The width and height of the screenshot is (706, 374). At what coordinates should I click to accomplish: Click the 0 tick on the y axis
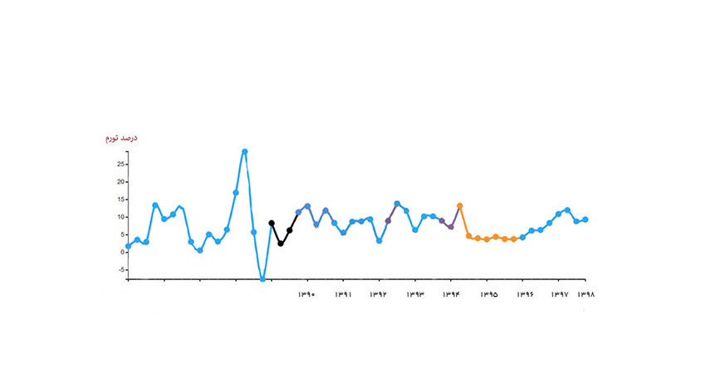pyautogui.click(x=121, y=252)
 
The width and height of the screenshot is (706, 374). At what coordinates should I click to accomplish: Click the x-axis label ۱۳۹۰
pyautogui.click(x=306, y=294)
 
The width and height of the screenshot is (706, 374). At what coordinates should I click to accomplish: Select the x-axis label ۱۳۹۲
pyautogui.click(x=378, y=294)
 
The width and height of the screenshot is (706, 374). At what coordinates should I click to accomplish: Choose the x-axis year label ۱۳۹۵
pyautogui.click(x=488, y=294)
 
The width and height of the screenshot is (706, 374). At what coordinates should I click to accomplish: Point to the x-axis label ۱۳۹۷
pyautogui.click(x=560, y=294)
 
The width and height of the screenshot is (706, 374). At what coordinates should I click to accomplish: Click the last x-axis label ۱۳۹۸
pyautogui.click(x=588, y=294)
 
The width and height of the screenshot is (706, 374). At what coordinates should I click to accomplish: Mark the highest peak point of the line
pyautogui.click(x=244, y=151)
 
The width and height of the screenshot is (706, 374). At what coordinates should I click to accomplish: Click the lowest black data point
pyautogui.click(x=281, y=244)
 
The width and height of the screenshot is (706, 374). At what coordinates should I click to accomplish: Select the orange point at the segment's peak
pyautogui.click(x=459, y=205)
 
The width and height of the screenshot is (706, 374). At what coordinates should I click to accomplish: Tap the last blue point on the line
pyautogui.click(x=586, y=219)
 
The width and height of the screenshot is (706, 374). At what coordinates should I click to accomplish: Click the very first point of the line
pyautogui.click(x=128, y=246)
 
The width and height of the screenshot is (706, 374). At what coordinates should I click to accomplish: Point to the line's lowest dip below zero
pyautogui.click(x=262, y=279)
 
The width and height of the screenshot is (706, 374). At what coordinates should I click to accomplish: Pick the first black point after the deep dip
pyautogui.click(x=272, y=223)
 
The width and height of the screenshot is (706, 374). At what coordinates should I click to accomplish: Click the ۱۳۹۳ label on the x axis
pyautogui.click(x=415, y=294)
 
